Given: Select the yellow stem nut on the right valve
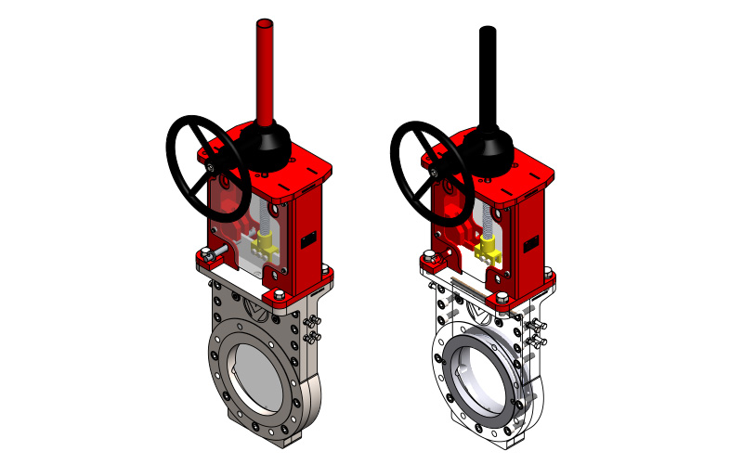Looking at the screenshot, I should (x=486, y=247).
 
